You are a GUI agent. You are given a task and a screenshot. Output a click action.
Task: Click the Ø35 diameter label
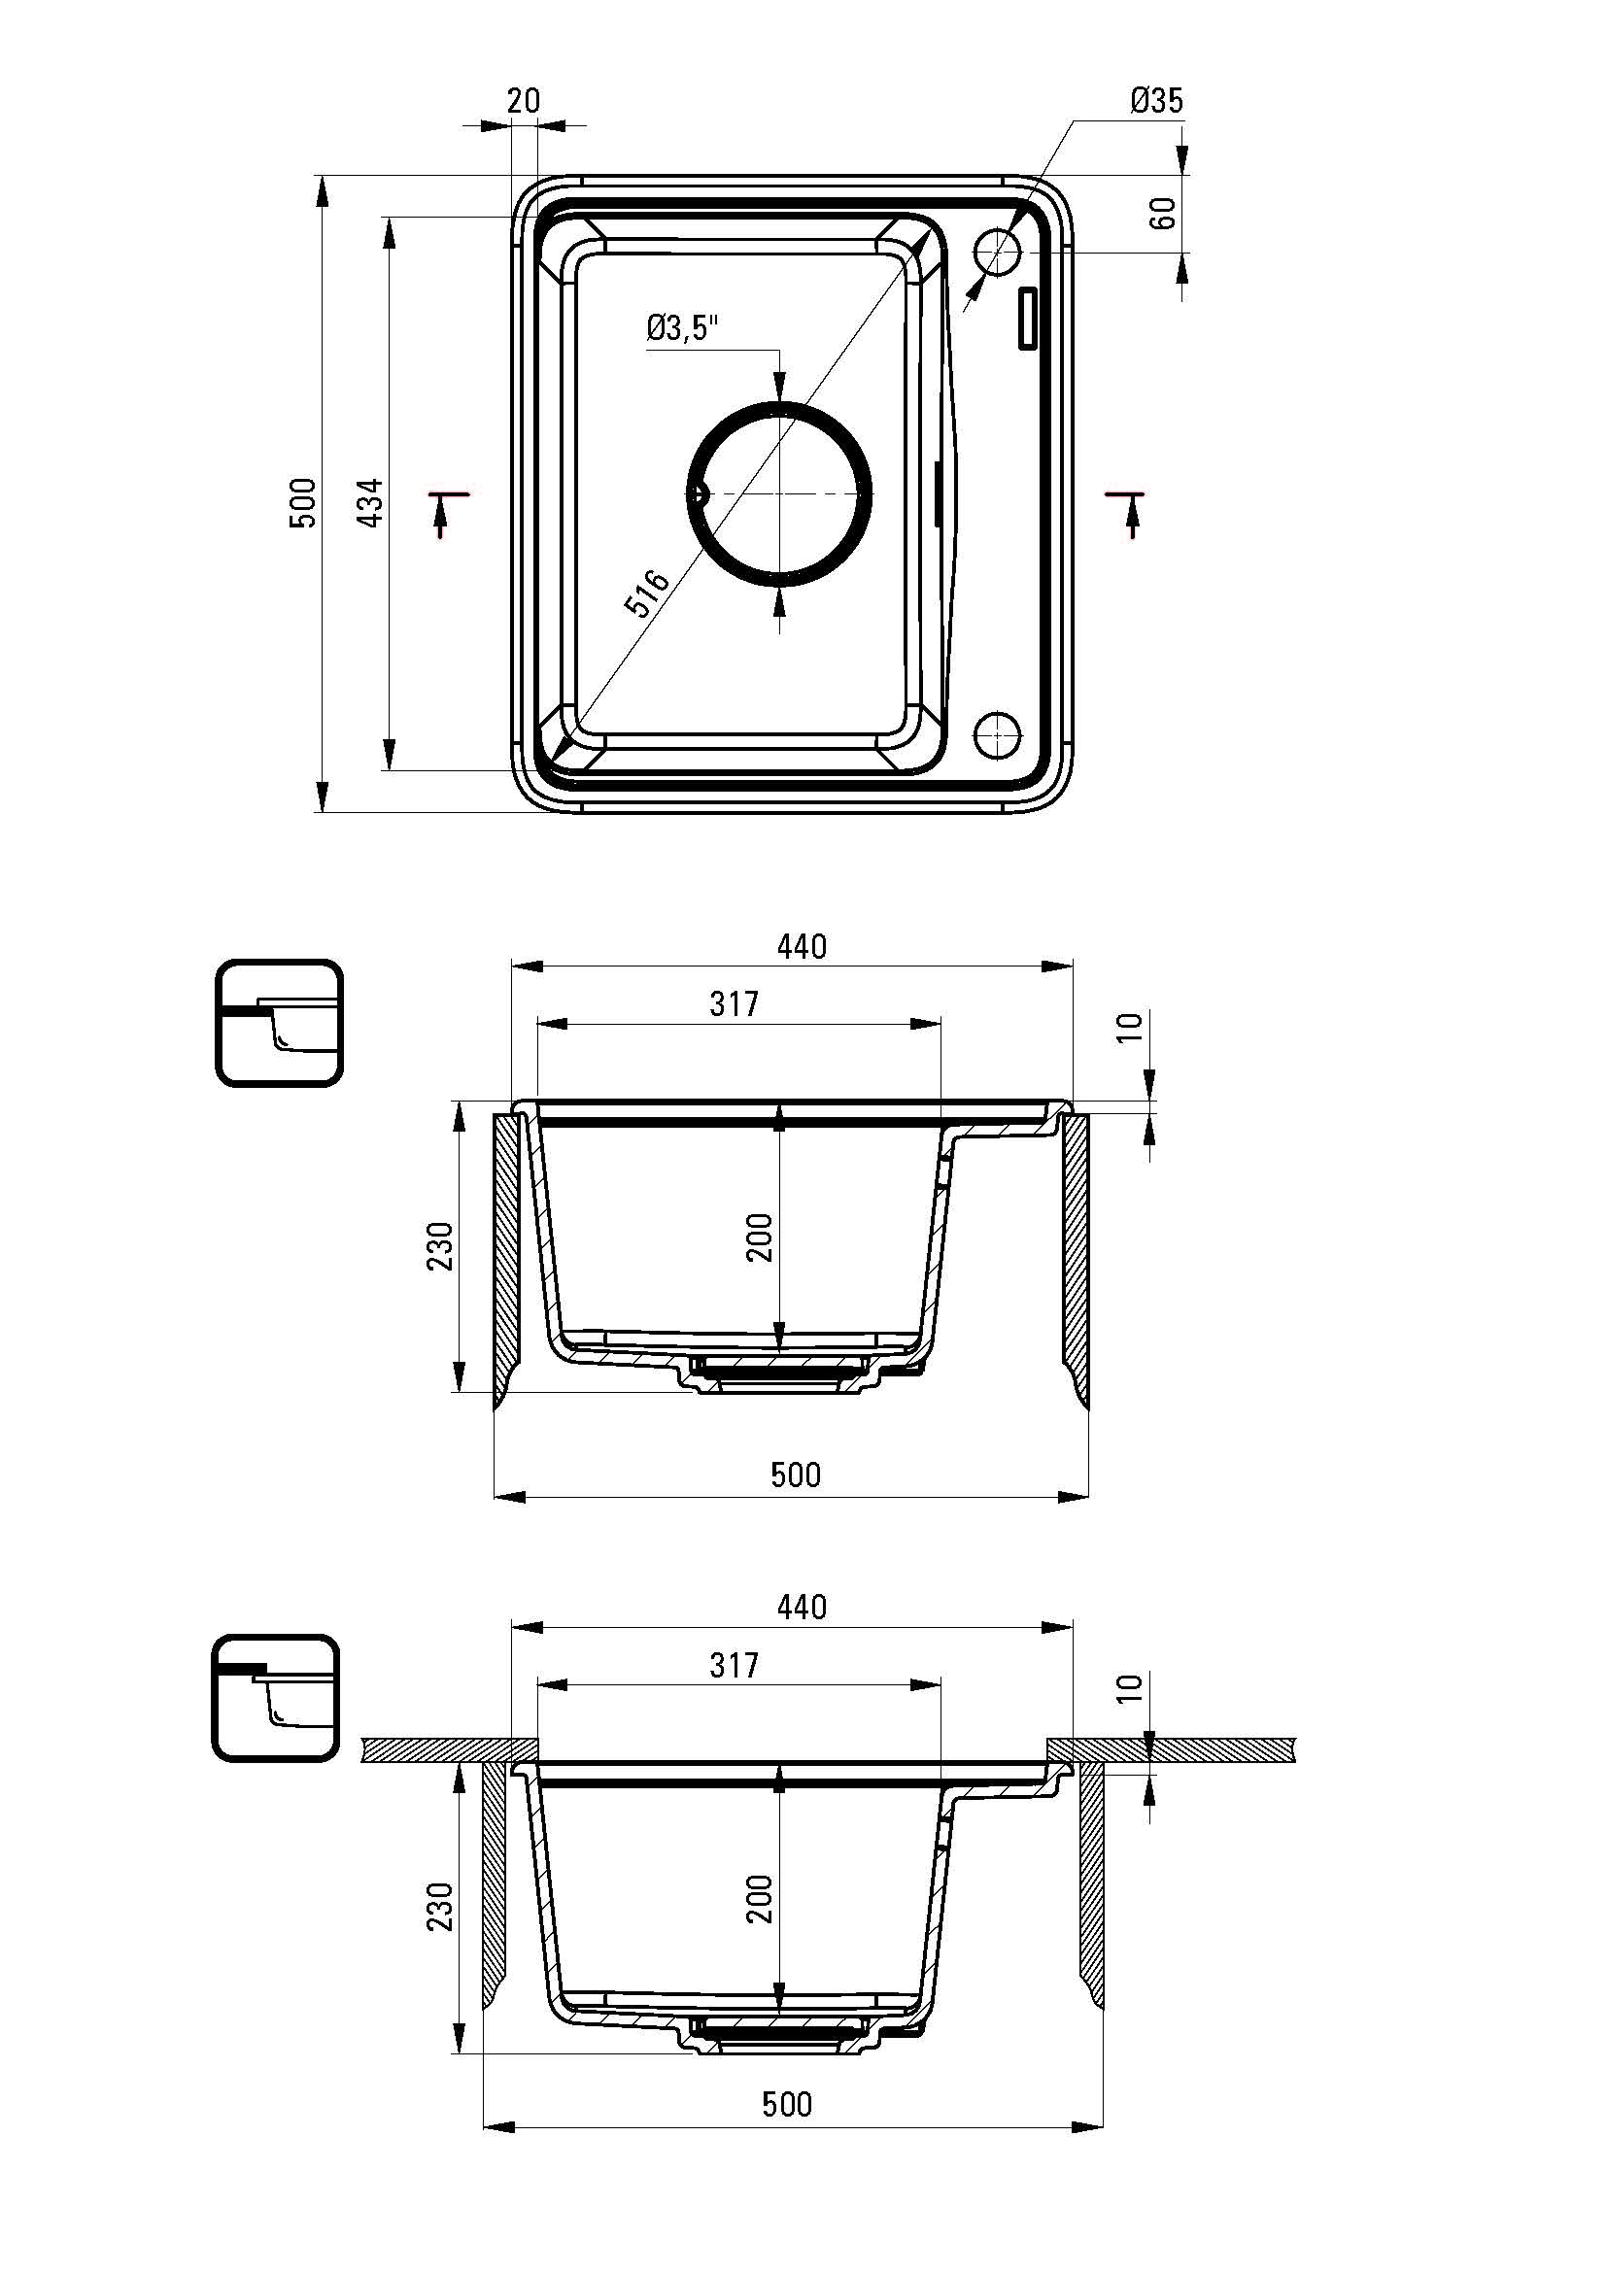[1156, 100]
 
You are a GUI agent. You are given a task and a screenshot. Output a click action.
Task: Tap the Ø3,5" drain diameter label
[682, 328]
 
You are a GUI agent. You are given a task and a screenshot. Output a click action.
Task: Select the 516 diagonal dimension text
[647, 593]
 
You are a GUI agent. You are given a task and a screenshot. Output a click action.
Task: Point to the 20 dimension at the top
[524, 100]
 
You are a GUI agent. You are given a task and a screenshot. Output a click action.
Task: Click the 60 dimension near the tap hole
[1165, 213]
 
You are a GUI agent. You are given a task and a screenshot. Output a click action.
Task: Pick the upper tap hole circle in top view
[998, 253]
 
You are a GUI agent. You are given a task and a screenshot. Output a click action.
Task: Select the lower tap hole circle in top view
[998, 733]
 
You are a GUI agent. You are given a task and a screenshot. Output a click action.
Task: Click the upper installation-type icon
[279, 1022]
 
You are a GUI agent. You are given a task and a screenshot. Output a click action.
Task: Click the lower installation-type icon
[276, 1698]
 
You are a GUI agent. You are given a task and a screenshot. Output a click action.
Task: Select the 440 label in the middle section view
[802, 947]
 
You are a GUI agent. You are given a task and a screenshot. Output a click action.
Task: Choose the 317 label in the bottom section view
[735, 1665]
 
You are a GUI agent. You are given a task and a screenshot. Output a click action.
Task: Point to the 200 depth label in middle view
[759, 1236]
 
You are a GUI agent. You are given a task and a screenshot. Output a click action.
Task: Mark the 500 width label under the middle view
[796, 1475]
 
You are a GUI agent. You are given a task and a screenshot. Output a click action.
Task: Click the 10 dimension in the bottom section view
[1134, 1686]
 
